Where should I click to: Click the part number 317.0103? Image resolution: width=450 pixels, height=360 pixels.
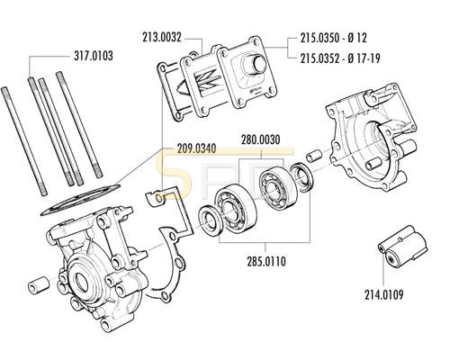tap(94, 56)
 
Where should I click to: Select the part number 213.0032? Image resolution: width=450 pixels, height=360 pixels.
tap(162, 38)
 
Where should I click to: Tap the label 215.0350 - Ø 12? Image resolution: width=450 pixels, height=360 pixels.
tap(334, 38)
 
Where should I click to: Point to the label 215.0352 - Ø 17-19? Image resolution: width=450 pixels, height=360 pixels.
tap(340, 58)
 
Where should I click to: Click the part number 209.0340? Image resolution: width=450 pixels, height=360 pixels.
tap(196, 148)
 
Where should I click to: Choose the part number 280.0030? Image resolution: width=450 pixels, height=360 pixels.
tap(261, 139)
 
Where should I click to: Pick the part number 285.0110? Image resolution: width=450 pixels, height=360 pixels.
tap(266, 261)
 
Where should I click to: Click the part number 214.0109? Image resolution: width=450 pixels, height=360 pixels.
tap(384, 294)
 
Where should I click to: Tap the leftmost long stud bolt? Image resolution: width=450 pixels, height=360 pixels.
tap(24, 141)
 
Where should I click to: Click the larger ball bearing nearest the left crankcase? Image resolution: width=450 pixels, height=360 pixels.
tap(236, 210)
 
